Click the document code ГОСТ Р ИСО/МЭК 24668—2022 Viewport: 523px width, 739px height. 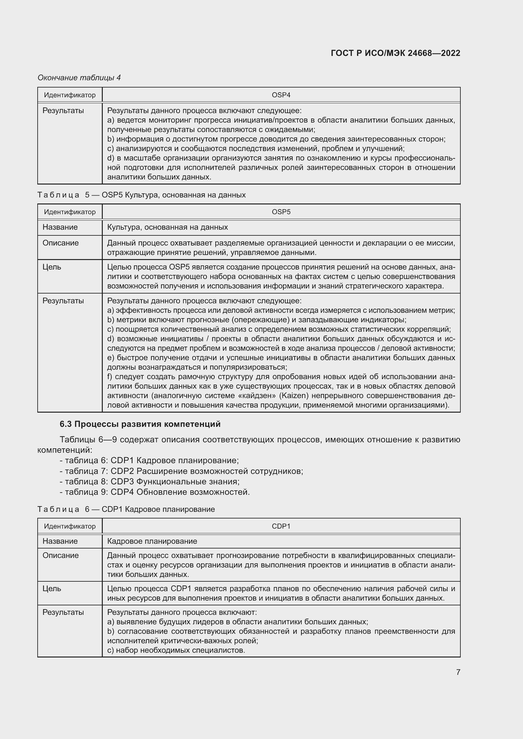coord(395,53)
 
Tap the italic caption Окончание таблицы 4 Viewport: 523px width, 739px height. coord(79,78)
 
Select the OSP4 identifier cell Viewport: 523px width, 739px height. coord(281,95)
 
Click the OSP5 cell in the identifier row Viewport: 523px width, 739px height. coord(281,212)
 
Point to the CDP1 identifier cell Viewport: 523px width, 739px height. coord(281,526)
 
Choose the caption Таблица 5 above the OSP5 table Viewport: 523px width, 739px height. coord(141,195)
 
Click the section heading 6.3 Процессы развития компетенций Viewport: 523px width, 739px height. coord(140,424)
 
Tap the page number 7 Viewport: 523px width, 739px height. coord(458,672)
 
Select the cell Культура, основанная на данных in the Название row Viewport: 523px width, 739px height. coord(168,227)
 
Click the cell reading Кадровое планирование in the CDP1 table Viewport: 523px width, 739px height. coord(152,541)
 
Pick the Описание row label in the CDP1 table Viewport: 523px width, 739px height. coord(60,555)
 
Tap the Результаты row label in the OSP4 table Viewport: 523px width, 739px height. coord(63,111)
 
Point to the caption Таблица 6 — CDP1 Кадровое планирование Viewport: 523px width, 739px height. coord(126,509)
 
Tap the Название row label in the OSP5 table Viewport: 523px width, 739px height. coord(60,227)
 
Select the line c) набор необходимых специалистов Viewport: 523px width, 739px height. coord(176,650)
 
